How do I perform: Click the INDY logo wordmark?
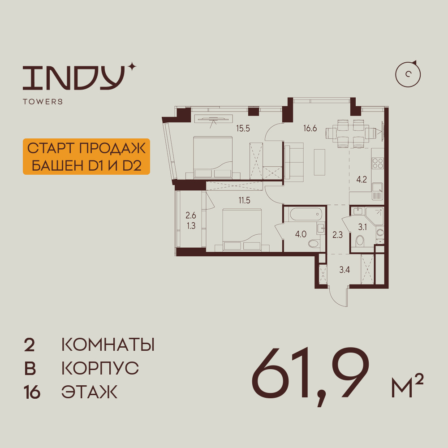tap(74, 77)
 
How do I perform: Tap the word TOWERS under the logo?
tap(43, 102)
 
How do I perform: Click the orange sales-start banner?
tap(86, 156)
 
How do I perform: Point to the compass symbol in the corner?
tap(408, 74)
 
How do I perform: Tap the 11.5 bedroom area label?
tap(244, 200)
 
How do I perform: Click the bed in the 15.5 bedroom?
tap(213, 157)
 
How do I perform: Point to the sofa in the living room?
tap(294, 161)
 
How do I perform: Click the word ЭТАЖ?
tap(89, 392)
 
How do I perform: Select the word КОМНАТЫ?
tap(108, 345)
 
